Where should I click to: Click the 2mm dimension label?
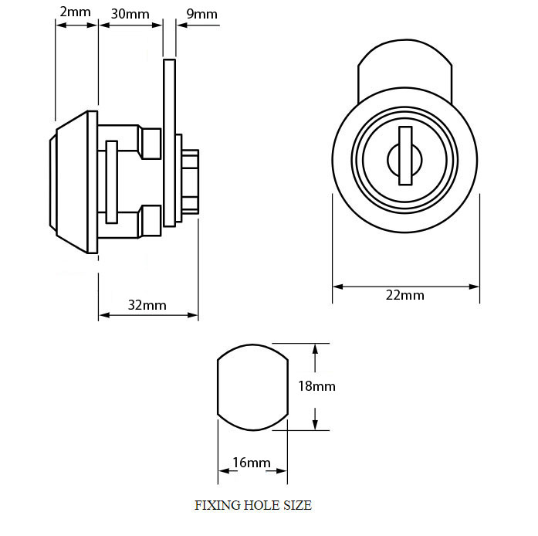pyautogui.click(x=75, y=12)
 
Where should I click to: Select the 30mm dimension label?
pyautogui.click(x=130, y=14)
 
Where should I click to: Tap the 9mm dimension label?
pyautogui.click(x=201, y=14)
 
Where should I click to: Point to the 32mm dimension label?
pyautogui.click(x=147, y=305)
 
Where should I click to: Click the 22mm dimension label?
pyautogui.click(x=405, y=295)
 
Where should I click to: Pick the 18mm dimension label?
pyautogui.click(x=316, y=386)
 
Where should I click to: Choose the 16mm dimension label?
pyautogui.click(x=252, y=463)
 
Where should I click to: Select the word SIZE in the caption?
pyautogui.click(x=297, y=505)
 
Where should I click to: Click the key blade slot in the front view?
pyautogui.click(x=405, y=156)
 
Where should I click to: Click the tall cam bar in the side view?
pyautogui.click(x=170, y=143)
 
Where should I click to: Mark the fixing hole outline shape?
pyautogui.click(x=218, y=387)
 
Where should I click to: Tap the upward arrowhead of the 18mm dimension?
pyautogui.click(x=316, y=350)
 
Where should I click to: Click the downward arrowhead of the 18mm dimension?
pyautogui.click(x=316, y=424)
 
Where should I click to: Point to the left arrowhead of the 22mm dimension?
pyautogui.click(x=338, y=287)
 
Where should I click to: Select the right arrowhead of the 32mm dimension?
pyautogui.click(x=193, y=315)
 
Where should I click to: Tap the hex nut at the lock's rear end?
pyautogui.click(x=191, y=182)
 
